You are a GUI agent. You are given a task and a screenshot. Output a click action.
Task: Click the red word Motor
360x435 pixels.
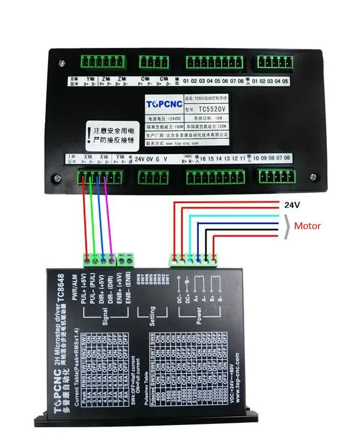coord(307,226)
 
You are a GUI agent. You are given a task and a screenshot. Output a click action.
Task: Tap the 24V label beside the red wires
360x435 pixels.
coord(292,205)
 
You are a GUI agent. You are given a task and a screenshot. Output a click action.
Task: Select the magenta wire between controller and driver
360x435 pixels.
coord(109,221)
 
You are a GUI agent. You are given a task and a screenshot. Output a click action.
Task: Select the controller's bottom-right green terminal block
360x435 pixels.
coord(275,176)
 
